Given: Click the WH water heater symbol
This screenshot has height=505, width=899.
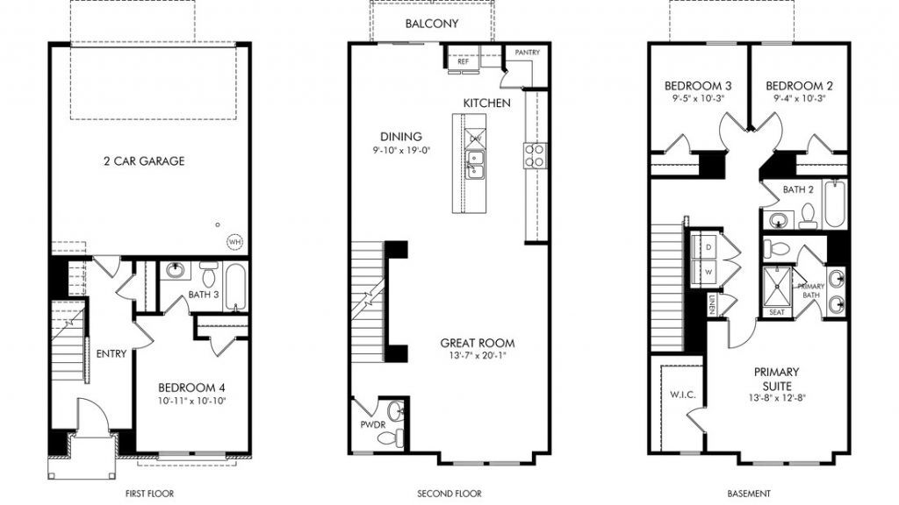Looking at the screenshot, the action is point(234,242).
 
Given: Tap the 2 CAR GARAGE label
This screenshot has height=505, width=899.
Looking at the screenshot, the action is point(145,161).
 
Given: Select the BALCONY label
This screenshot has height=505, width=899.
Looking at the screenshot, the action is point(432,24).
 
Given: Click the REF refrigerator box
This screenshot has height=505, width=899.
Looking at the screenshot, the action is point(463,61).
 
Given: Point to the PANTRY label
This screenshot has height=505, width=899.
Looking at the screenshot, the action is point(527,52).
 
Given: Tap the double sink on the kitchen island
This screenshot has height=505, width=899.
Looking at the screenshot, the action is point(474,164).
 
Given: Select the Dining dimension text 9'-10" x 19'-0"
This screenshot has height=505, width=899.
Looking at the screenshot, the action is point(400,151).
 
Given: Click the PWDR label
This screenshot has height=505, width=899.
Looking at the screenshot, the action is point(372,425).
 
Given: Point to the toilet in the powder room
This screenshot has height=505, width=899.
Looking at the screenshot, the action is point(391,439).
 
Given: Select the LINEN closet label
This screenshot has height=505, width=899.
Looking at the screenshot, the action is point(711,304).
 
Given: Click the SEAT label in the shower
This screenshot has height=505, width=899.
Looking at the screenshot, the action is point(777,312).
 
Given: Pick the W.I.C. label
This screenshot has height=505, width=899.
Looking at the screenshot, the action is point(683,395).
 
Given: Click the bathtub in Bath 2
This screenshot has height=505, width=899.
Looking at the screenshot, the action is point(836,203).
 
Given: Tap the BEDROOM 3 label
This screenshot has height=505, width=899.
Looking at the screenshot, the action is point(698,86).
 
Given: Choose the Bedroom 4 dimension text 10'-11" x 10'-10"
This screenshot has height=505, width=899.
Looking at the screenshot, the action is point(192,401).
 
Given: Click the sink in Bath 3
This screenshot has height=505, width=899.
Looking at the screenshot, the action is point(175,270).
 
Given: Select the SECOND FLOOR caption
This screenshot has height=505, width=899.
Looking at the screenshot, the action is point(449,493).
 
